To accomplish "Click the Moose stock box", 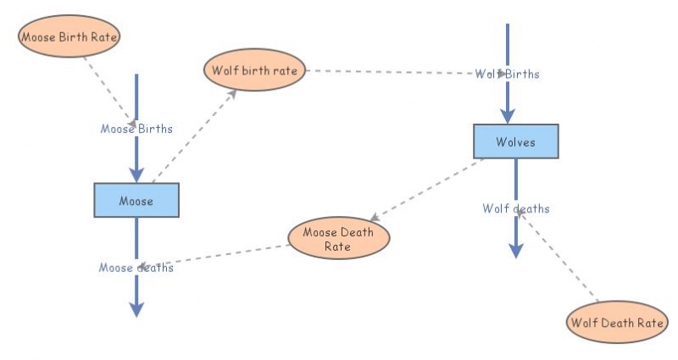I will (x=136, y=201).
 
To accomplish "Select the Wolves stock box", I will (x=515, y=141).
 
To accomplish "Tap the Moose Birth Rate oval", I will (x=69, y=36).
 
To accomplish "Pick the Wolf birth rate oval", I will (x=255, y=70).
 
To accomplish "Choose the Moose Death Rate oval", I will (x=339, y=239).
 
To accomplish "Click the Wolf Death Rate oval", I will (x=617, y=322).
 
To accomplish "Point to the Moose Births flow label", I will (x=136, y=129).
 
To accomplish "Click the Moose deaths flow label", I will (x=136, y=268).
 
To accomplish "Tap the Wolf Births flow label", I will (x=507, y=74).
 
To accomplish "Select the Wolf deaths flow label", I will (x=516, y=208).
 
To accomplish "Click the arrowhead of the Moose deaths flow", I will (x=136, y=308).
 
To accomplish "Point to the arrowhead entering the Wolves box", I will (x=507, y=116).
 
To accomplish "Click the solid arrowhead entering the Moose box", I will (x=136, y=174).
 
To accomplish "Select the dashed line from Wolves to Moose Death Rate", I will (x=428, y=188).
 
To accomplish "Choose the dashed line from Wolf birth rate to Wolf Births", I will (x=390, y=72).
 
